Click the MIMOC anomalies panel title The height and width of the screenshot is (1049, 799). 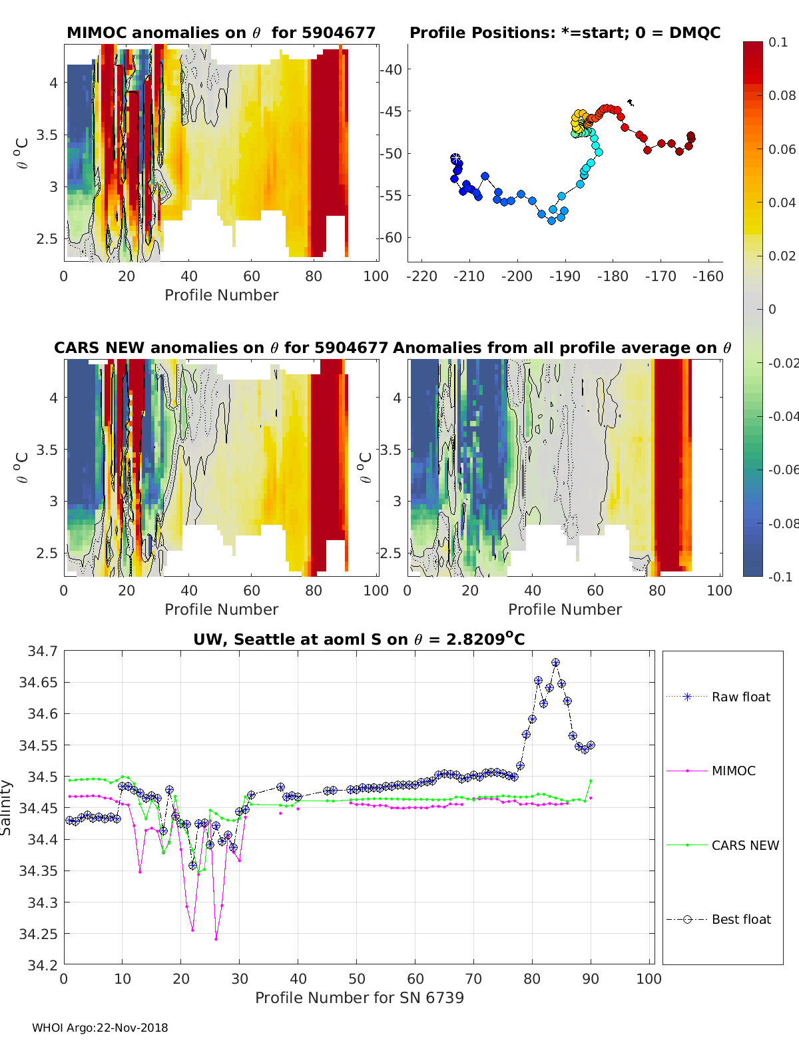click(221, 33)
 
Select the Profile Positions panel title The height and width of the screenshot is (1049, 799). click(565, 33)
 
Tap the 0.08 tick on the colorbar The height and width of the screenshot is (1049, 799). click(782, 95)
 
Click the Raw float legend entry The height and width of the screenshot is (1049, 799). click(740, 697)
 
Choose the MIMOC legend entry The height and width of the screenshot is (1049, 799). click(733, 771)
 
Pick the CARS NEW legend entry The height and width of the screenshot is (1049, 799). click(744, 845)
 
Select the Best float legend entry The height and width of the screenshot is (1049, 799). click(740, 919)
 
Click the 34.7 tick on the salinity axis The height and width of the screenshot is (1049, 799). click(41, 651)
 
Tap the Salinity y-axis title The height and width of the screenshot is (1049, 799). click(7, 807)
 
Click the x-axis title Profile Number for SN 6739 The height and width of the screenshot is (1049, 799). click(359, 997)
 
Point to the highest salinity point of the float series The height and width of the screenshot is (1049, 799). click(555, 663)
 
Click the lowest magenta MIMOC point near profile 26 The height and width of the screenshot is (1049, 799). click(216, 939)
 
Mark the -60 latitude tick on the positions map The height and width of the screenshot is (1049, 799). click(393, 237)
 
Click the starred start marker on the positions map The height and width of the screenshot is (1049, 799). click(455, 158)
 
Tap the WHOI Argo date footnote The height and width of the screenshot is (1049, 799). click(100, 1028)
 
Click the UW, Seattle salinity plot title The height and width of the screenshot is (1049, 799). click(359, 639)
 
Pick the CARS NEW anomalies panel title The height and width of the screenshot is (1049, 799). click(220, 348)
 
